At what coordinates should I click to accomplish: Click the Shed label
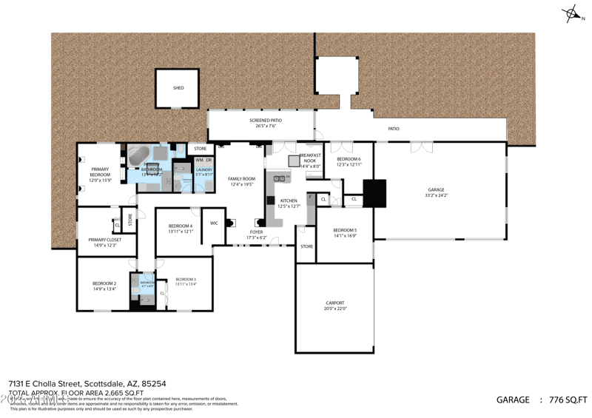point(178,88)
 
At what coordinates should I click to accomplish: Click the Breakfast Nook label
point(309,163)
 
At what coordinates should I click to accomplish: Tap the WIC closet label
point(214,223)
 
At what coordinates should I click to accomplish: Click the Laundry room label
point(204,172)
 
